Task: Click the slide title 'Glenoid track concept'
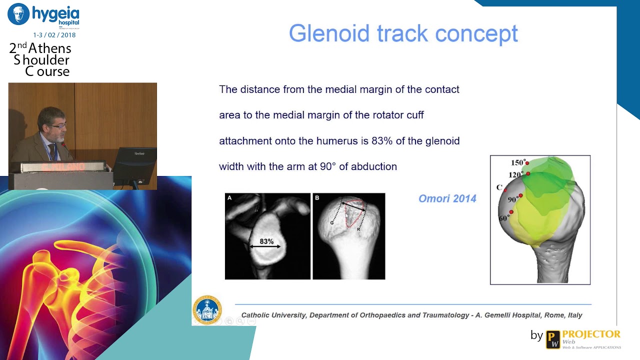point(403,33)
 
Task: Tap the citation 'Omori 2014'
point(447,199)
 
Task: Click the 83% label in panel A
point(266,241)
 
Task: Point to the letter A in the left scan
point(230,198)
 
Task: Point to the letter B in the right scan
point(317,198)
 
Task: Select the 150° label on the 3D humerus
point(518,162)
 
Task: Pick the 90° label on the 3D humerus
point(513,199)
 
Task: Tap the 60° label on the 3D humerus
point(504,218)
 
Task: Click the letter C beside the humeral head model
point(499,187)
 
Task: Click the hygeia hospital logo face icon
point(18,14)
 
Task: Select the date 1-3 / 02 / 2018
point(54,35)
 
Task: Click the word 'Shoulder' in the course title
point(42,60)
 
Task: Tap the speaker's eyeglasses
point(58,126)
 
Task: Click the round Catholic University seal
point(206,309)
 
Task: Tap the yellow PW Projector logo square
point(552,339)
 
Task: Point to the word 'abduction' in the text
point(373,166)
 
